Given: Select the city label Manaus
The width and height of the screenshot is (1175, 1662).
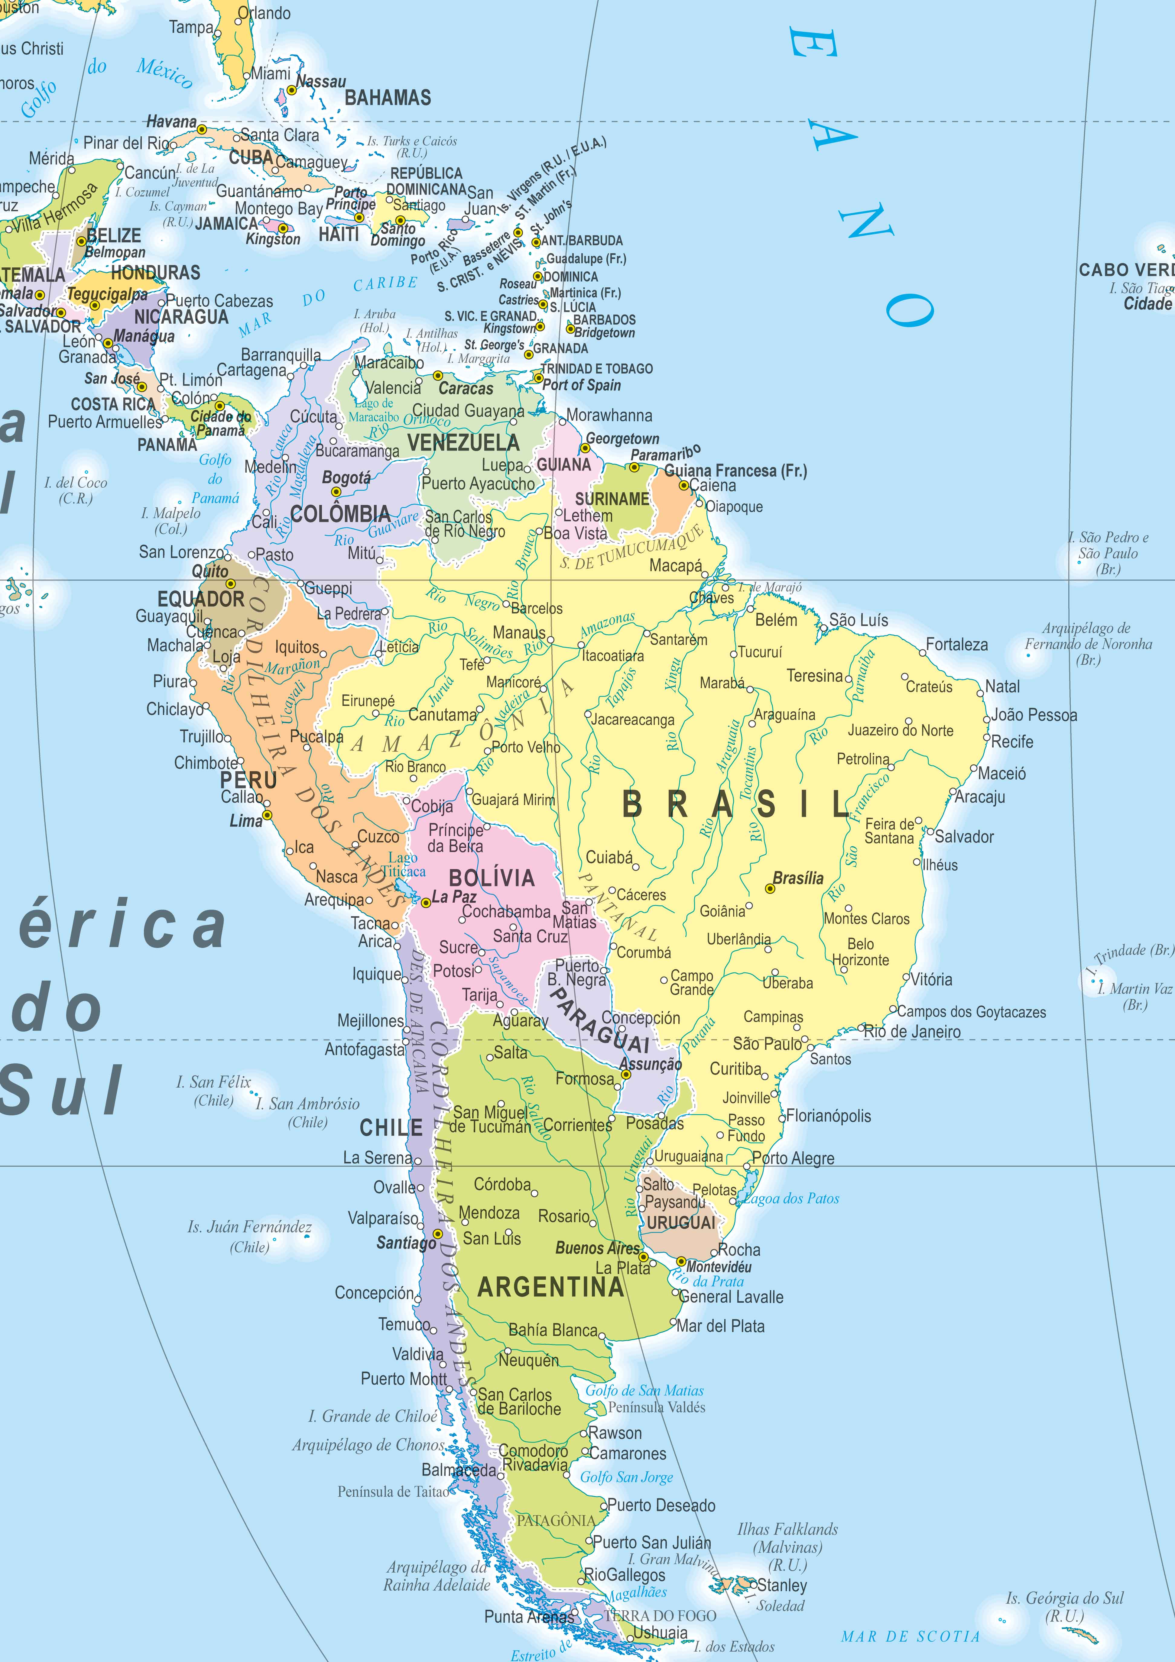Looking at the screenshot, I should coord(519,633).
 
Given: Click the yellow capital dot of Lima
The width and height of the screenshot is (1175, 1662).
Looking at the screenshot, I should coord(267,815).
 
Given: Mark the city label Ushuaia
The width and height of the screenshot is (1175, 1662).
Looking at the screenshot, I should coord(660,1632).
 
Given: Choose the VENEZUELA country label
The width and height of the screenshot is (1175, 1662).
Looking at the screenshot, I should coord(463,443).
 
